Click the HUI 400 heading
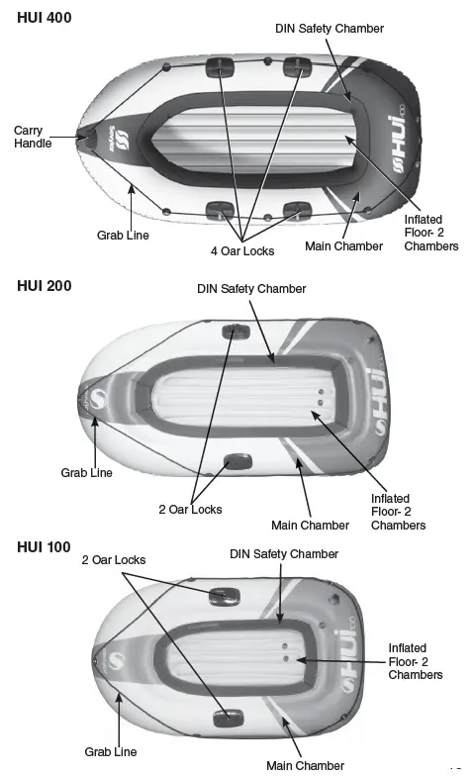point(44,18)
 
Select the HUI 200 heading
point(44,286)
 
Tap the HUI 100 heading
point(44,546)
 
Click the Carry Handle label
point(33,137)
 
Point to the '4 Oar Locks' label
point(242,251)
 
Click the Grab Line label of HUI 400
point(123,236)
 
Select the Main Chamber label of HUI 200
point(311,525)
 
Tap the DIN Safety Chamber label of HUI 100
point(284,554)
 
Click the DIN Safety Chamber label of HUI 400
point(330,28)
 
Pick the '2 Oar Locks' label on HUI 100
point(114,560)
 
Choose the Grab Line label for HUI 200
point(87,473)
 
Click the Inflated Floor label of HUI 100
point(416,661)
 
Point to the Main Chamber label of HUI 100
point(305,766)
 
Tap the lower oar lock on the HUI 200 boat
point(237,463)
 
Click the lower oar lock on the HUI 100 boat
point(228,719)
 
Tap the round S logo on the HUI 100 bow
point(117,661)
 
